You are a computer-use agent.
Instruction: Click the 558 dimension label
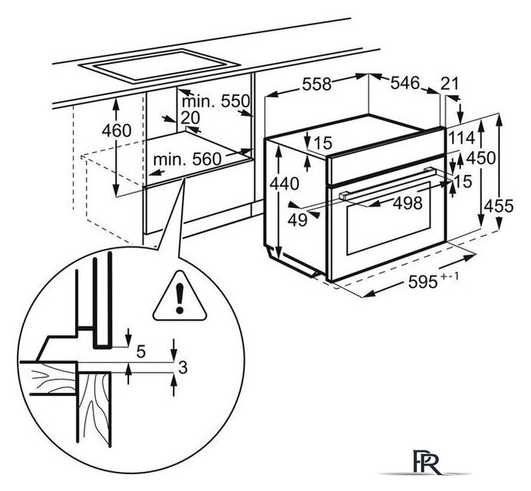(316, 84)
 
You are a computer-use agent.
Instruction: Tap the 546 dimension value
(405, 83)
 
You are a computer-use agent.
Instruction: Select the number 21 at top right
(450, 84)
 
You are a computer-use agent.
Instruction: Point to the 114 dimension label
(462, 138)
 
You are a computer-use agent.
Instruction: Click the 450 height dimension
(481, 158)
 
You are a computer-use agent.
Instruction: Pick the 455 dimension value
(499, 206)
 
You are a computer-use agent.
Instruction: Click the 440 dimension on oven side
(285, 184)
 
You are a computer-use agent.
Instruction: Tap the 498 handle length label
(407, 203)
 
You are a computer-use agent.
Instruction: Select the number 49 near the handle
(298, 220)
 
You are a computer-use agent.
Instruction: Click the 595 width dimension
(434, 280)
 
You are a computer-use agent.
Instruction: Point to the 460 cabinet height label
(117, 130)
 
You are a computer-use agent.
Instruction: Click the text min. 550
(216, 101)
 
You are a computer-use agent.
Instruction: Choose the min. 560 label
(187, 159)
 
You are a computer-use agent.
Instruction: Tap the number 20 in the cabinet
(190, 118)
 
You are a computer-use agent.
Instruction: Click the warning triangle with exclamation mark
(180, 297)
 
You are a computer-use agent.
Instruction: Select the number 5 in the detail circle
(141, 352)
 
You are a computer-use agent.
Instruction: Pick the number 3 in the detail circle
(183, 367)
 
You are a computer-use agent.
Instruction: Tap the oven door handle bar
(387, 183)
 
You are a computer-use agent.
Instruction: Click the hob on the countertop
(159, 67)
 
